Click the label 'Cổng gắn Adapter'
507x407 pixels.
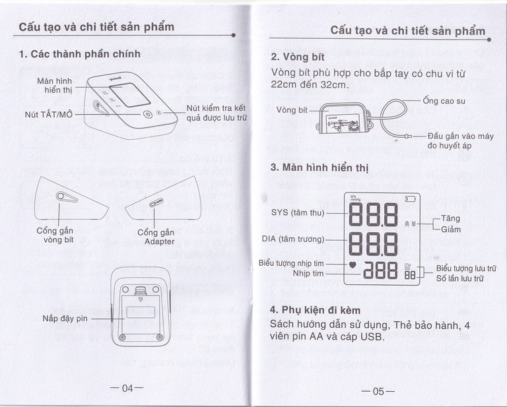pos(156,237)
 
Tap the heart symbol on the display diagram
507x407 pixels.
pos(352,265)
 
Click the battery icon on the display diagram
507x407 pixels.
pos(411,199)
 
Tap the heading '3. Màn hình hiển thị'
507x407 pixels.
pos(320,167)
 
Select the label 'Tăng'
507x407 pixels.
pos(451,218)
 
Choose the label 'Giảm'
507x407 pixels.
pos(452,229)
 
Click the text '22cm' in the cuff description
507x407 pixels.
pos(285,85)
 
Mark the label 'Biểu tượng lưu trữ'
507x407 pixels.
pos(466,268)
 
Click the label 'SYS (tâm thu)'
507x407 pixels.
pos(298,212)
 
